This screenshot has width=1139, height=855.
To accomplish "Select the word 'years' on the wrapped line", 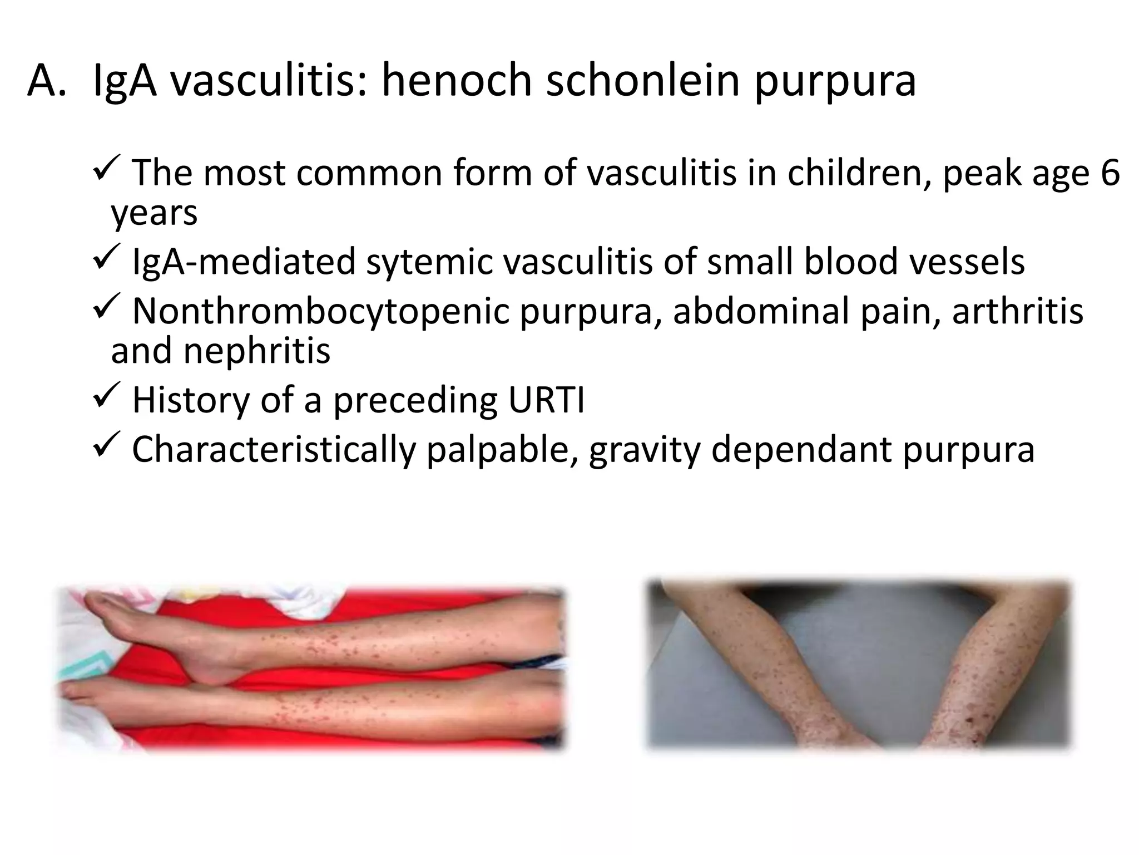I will (x=154, y=214).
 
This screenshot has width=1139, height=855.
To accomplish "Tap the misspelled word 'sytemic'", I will (x=429, y=262).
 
